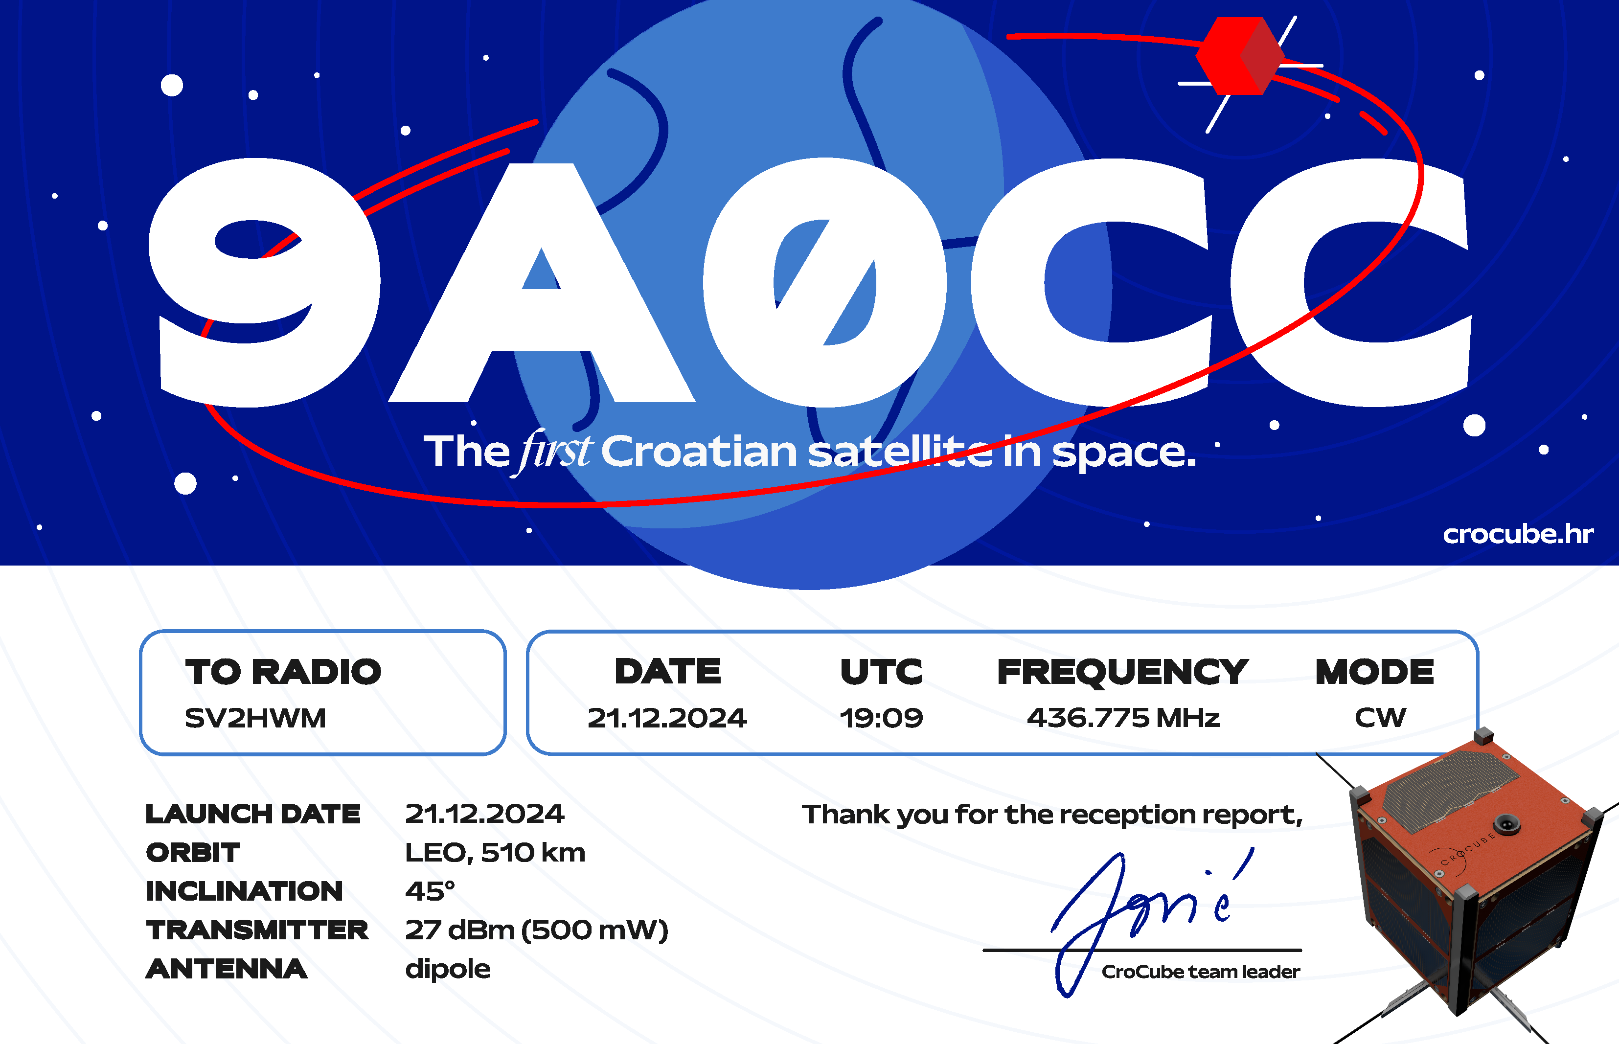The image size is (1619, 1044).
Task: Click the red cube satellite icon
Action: click(1239, 56)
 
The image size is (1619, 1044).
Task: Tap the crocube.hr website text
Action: click(1518, 534)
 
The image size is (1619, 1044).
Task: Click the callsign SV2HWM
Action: click(255, 718)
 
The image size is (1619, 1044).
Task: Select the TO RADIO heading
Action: click(283, 672)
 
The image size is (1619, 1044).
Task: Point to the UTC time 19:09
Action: click(881, 718)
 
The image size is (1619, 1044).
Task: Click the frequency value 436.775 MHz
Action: click(1123, 718)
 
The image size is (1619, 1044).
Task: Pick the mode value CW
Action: click(1380, 718)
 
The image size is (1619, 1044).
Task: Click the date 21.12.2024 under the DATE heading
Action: click(667, 718)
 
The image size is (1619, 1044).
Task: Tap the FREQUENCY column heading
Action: click(1123, 672)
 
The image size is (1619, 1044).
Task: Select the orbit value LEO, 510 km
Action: click(495, 853)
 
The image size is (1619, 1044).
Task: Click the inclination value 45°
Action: click(430, 891)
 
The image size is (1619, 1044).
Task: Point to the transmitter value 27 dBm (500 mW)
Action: click(536, 930)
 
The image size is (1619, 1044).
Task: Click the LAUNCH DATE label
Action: click(253, 814)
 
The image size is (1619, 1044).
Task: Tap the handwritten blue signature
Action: click(1153, 922)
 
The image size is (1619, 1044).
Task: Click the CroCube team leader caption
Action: click(1201, 972)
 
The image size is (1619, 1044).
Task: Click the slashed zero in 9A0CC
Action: click(824, 282)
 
